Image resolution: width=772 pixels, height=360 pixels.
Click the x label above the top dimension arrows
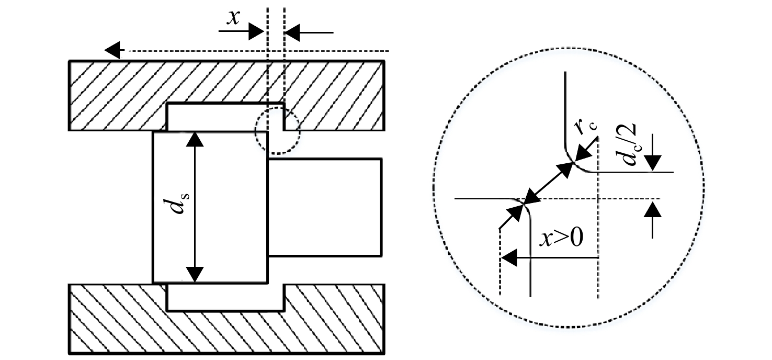[234, 18]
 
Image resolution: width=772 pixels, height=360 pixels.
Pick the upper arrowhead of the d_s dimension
[195, 139]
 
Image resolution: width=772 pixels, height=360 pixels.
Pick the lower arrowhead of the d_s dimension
[195, 275]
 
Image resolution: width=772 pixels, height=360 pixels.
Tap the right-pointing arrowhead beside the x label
[256, 31]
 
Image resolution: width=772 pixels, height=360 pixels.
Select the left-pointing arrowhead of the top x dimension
[292, 33]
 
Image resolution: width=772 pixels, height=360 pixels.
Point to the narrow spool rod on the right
[325, 207]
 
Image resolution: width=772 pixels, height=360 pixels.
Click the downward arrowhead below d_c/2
[652, 163]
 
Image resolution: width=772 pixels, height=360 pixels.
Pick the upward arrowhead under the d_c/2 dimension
[652, 210]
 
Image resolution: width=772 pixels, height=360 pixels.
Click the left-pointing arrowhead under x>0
[509, 257]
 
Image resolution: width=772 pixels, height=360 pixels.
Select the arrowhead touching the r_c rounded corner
[583, 154]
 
